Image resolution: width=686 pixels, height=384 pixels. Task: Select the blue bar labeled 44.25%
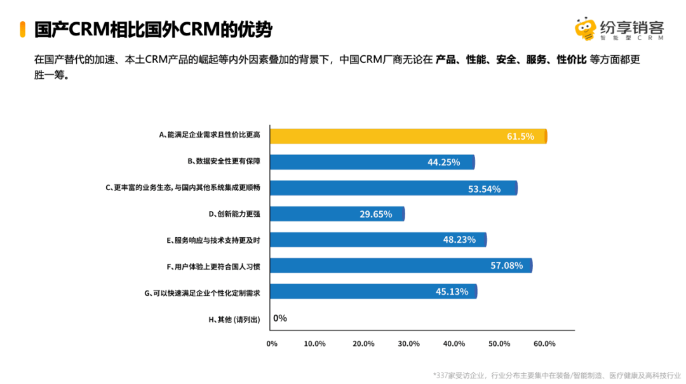point(372,162)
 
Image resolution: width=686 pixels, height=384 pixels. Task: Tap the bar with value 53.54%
point(393,188)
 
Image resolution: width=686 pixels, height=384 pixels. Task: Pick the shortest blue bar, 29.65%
point(337,214)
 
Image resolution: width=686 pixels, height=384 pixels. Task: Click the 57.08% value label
point(506,266)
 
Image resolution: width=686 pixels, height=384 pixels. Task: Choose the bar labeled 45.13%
point(373,292)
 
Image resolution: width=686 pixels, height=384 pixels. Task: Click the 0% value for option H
point(280,318)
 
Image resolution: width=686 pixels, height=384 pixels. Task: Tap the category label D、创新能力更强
point(234,214)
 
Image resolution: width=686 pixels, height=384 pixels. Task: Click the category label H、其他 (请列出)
point(234,319)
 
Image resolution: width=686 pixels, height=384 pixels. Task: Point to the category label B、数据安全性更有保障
point(224,162)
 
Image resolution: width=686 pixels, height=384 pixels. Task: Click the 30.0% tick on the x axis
point(409,344)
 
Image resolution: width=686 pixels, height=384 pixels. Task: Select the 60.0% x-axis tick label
point(544,344)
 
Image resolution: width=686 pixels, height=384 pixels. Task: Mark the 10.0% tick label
point(316,344)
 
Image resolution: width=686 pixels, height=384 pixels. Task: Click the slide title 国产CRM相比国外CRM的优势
point(153,30)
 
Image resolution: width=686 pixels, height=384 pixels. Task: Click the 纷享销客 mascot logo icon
point(584,29)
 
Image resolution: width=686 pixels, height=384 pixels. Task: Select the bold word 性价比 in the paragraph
point(571,60)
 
